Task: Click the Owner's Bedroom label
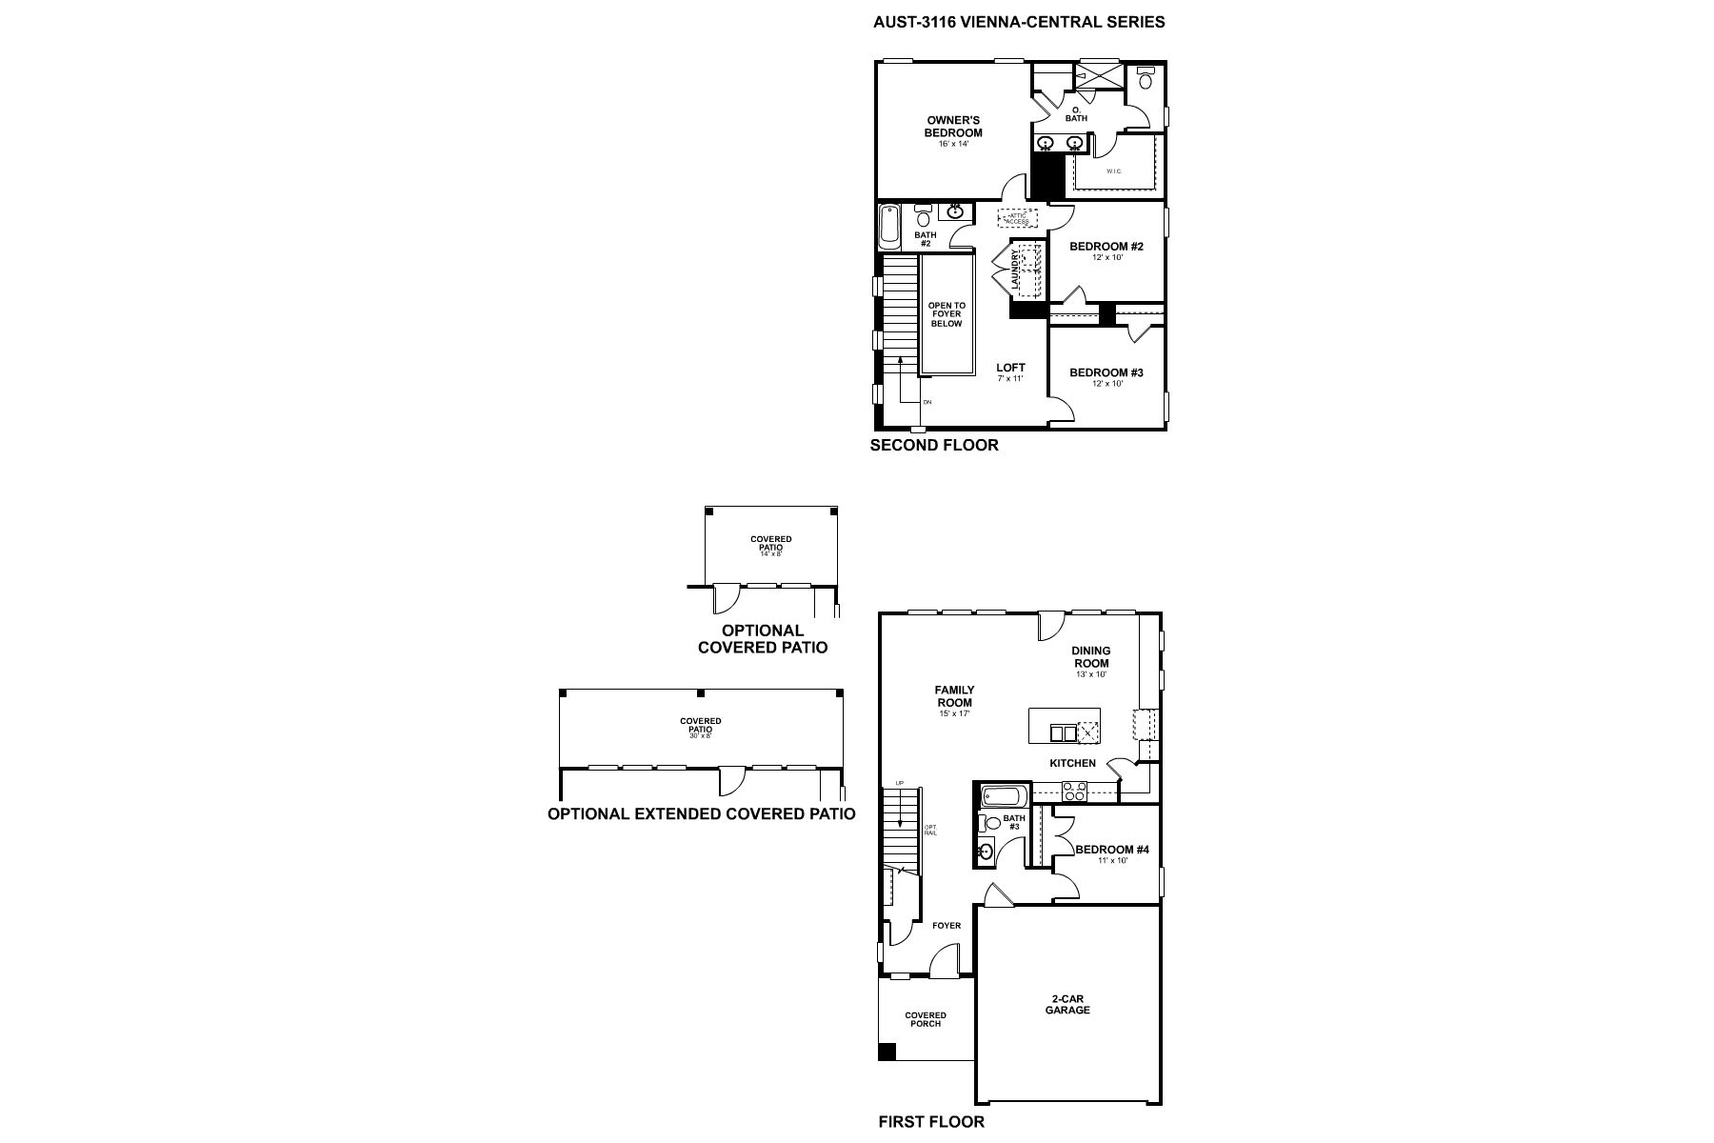click(953, 127)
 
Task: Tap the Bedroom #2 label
click(1106, 247)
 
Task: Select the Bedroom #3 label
click(1106, 372)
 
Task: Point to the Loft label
click(1010, 368)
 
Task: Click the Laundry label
click(1016, 270)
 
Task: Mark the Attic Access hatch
click(1018, 218)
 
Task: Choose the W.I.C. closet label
click(1114, 171)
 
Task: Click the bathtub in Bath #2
click(889, 227)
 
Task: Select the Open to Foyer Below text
click(947, 315)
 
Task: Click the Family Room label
click(954, 696)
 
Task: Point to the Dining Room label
click(1091, 657)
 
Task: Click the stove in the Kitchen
click(1074, 791)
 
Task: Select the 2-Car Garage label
click(1067, 1004)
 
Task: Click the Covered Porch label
click(926, 1019)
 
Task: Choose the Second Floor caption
click(934, 445)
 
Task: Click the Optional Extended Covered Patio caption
click(701, 813)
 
